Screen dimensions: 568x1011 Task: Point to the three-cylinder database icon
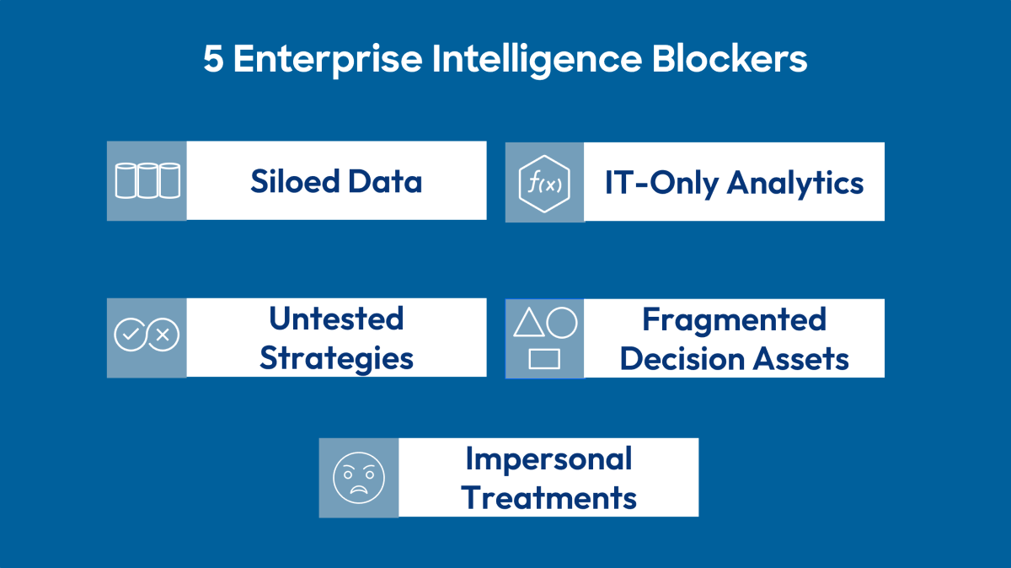point(147,180)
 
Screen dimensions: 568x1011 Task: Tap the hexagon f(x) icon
point(544,183)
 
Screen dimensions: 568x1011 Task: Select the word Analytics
point(794,182)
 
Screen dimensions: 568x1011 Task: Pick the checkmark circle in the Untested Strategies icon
point(130,335)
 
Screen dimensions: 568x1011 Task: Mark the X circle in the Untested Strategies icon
point(163,335)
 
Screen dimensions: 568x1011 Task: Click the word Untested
point(336,319)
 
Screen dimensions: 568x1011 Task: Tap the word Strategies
point(336,357)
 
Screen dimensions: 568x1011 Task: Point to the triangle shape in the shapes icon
point(528,324)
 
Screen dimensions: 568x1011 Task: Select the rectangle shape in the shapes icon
point(544,359)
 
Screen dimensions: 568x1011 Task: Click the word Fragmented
point(734,319)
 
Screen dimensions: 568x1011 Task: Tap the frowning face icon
point(359,477)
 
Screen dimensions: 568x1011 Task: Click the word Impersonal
point(548,458)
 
